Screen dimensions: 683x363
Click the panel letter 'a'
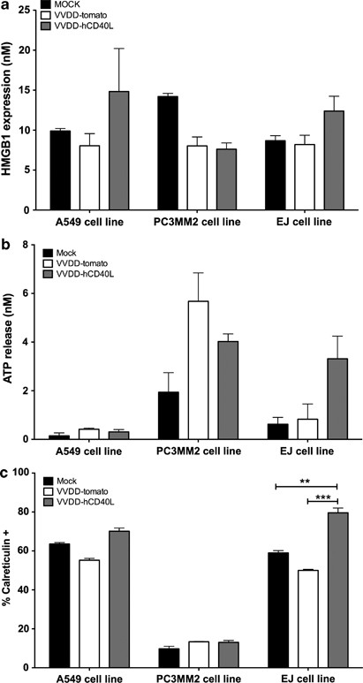point(6,8)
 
